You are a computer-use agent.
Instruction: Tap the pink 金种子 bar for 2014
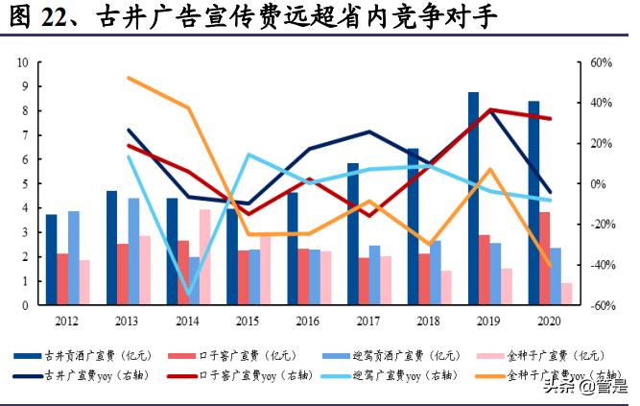(x=204, y=256)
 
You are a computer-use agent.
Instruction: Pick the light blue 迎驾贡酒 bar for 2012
(x=74, y=257)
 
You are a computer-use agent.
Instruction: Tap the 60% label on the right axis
(x=601, y=62)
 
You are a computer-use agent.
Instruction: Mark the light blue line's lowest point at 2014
(x=189, y=293)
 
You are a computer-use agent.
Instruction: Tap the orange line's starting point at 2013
(x=128, y=78)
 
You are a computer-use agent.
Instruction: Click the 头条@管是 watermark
(x=581, y=387)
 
